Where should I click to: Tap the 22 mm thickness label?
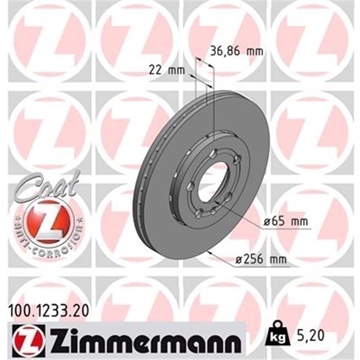(x=166, y=70)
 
